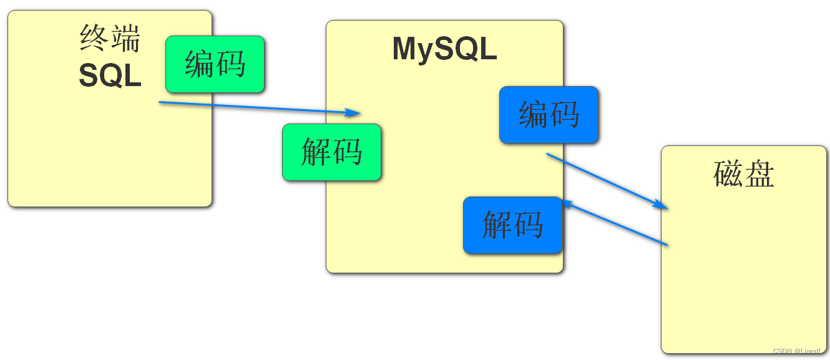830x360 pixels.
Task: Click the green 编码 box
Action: (215, 64)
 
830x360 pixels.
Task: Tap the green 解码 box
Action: (331, 152)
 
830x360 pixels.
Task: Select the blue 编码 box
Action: (549, 115)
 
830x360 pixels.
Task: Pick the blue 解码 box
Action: (512, 225)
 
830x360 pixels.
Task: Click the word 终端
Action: (110, 39)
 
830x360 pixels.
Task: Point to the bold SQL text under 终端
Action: (110, 76)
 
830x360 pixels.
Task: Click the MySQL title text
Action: (444, 49)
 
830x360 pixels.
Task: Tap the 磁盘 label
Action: (743, 175)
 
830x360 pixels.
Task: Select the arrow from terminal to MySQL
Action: (256, 107)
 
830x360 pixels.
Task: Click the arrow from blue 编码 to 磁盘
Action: (602, 180)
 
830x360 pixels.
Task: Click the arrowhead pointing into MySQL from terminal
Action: (354, 113)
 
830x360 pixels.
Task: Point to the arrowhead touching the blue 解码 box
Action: (566, 203)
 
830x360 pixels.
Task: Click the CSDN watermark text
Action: (799, 351)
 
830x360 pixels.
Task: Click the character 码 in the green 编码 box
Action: (231, 64)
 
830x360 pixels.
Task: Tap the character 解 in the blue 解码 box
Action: (497, 225)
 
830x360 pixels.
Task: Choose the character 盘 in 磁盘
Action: (759, 175)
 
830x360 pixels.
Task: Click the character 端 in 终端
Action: (126, 39)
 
